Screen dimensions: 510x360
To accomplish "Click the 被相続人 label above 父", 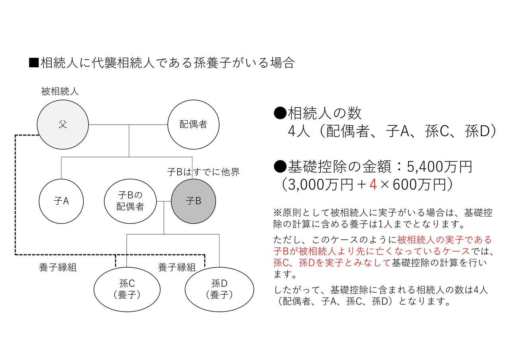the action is (x=60, y=92).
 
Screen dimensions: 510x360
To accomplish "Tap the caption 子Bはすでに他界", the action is (x=203, y=172).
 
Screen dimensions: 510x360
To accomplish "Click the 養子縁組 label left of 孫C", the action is (x=58, y=267).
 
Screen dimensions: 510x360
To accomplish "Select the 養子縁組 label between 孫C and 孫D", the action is (x=177, y=267).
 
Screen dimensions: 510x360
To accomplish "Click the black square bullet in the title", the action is (x=34, y=63).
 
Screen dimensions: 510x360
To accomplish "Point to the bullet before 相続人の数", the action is (x=280, y=113).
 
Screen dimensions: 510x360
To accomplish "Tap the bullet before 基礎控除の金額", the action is (x=280, y=167).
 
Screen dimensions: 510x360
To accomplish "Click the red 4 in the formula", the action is (x=373, y=184).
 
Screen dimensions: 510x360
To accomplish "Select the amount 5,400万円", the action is (x=439, y=167).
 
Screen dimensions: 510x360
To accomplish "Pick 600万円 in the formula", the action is (x=419, y=184).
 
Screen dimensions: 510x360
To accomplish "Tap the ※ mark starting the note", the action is (x=278, y=213).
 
